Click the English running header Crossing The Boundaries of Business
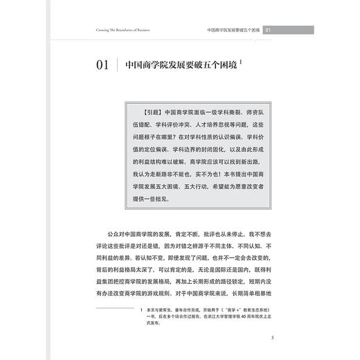pos(119,30)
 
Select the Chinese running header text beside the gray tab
pos(234,30)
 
